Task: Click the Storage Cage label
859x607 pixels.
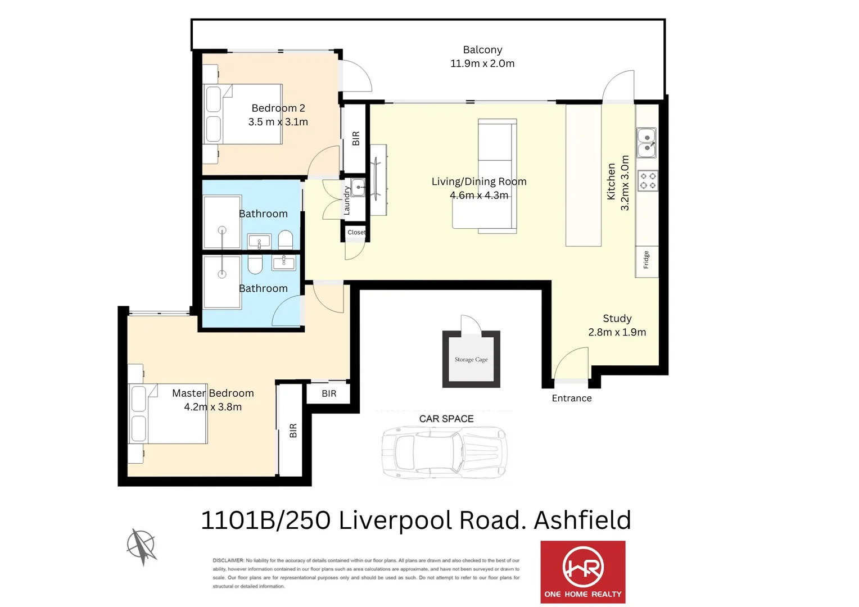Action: [x=471, y=360]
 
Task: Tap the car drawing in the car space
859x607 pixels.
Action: [x=444, y=452]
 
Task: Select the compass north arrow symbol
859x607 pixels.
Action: [x=141, y=546]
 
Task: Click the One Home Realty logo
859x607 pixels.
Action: [x=582, y=572]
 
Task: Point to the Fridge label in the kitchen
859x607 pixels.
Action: [x=646, y=260]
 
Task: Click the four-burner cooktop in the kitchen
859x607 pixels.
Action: [x=648, y=181]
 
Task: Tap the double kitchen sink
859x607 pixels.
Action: [x=646, y=143]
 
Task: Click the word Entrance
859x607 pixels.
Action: [x=571, y=398]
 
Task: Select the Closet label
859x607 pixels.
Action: [x=356, y=232]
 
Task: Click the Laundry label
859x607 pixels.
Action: [x=347, y=201]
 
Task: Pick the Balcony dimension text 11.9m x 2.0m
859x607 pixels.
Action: [x=482, y=64]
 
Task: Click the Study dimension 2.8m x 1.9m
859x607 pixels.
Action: [x=617, y=332]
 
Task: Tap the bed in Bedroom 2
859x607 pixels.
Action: [x=243, y=114]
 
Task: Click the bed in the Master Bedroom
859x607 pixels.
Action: [x=168, y=414]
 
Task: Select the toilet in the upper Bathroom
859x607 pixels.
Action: [x=286, y=240]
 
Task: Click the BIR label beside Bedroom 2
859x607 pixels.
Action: [x=356, y=138]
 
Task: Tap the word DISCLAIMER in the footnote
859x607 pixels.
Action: [x=228, y=560]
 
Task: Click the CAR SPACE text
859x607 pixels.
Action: [x=446, y=419]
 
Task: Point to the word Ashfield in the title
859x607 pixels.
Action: [x=582, y=520]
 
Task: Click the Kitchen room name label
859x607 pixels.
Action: [x=611, y=182]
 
